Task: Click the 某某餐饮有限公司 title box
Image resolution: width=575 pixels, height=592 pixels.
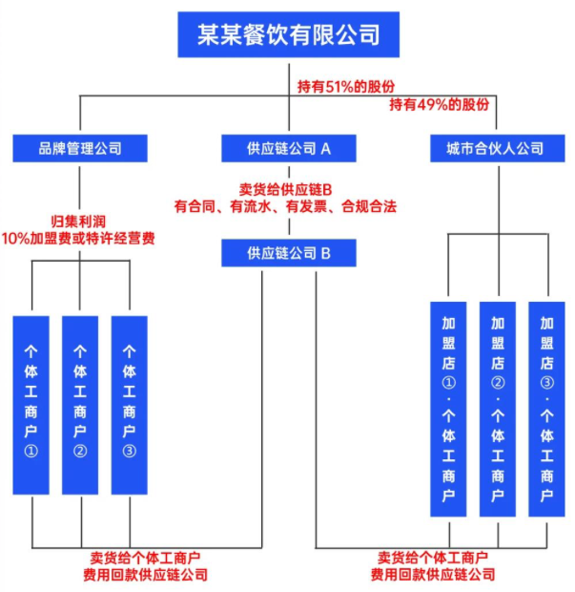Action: click(287, 34)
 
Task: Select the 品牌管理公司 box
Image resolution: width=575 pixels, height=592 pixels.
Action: click(80, 148)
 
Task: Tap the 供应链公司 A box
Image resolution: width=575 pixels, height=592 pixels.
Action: click(288, 148)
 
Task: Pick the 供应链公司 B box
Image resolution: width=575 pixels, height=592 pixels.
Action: click(288, 253)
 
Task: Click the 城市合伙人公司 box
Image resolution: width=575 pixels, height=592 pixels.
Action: click(495, 148)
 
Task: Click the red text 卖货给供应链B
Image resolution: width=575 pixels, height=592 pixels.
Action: click(288, 188)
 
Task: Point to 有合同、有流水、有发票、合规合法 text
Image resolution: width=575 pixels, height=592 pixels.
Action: click(288, 205)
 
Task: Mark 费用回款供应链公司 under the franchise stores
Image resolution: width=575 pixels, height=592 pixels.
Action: click(433, 575)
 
